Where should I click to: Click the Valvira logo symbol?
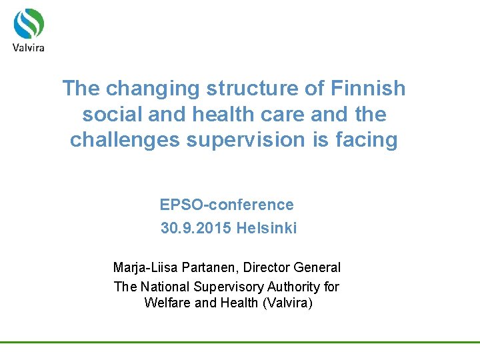pos(29,23)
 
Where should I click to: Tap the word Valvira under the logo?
pos(29,47)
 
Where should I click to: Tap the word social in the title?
pos(109,114)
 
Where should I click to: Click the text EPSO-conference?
pos(227,205)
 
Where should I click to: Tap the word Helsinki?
pos(267,229)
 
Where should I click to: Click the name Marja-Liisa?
pos(142,267)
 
